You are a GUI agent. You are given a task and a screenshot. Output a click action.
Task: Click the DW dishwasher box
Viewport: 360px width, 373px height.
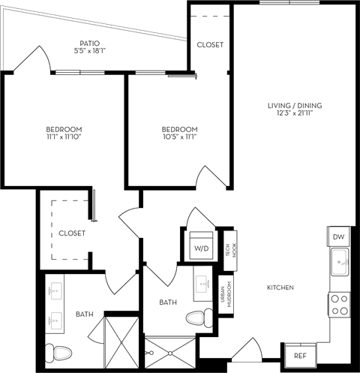tap(337, 237)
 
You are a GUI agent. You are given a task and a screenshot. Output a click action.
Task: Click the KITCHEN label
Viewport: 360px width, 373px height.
tap(279, 288)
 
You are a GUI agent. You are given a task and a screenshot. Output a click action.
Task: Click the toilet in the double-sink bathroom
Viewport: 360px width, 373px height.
tap(59, 350)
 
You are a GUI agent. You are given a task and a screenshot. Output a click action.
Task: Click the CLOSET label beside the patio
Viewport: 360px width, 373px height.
tap(210, 45)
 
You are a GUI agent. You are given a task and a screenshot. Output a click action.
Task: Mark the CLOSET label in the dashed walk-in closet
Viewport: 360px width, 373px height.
tap(72, 233)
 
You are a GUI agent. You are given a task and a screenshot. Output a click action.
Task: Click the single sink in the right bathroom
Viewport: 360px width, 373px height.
tap(202, 284)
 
